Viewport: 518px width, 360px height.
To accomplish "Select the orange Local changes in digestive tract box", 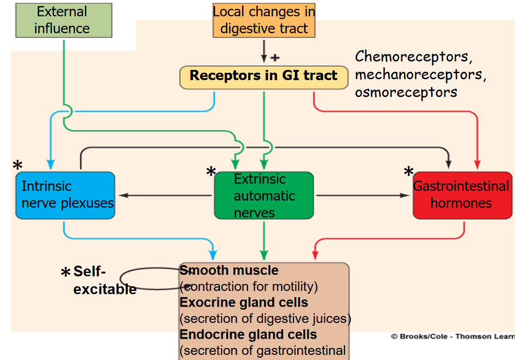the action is (x=264, y=20).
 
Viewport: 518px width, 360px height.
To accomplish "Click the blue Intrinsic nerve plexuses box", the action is (x=65, y=195).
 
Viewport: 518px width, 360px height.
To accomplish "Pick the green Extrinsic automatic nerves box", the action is (x=263, y=195).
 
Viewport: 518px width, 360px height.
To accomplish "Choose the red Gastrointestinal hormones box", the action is (x=462, y=195).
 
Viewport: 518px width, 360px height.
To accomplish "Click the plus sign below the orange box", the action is (x=275, y=58).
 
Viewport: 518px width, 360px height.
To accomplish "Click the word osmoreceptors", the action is (x=406, y=92).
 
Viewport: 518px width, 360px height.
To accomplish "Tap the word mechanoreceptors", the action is (x=420, y=75).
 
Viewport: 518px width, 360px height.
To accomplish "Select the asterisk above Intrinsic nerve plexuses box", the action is (x=18, y=165).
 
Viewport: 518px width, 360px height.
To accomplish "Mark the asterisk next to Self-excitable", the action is (x=65, y=273).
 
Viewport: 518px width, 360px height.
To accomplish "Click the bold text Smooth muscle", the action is (x=229, y=271).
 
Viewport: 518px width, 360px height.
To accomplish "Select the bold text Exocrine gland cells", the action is (x=243, y=303).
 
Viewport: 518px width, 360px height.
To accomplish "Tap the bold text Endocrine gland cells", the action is (x=248, y=335).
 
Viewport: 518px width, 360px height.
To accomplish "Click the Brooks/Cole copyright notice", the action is (x=452, y=336).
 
